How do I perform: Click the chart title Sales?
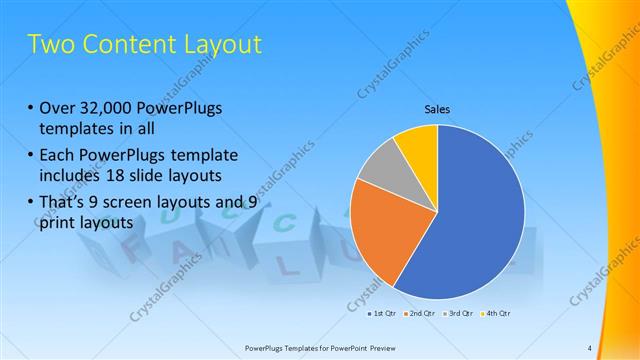tap(437, 108)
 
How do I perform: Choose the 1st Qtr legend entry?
tap(381, 313)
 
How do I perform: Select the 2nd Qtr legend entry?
tap(419, 313)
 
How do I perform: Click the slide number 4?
tap(590, 348)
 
